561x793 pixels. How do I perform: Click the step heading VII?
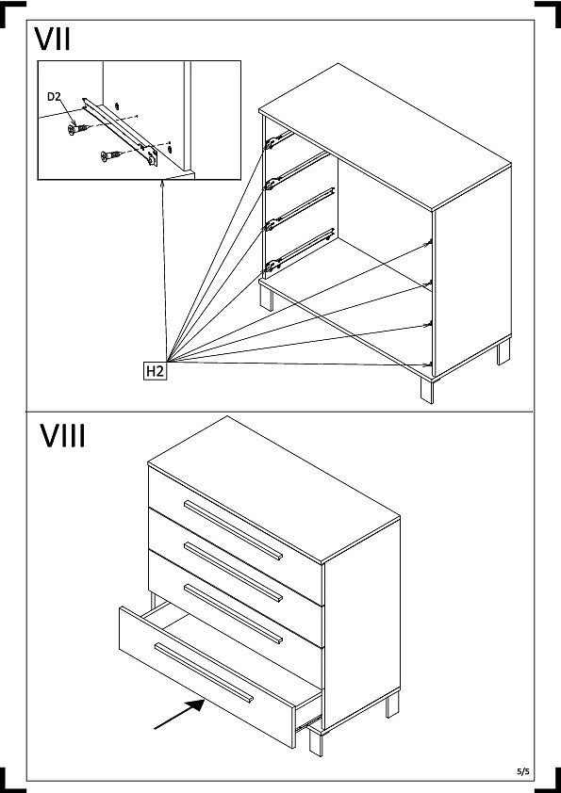(x=52, y=39)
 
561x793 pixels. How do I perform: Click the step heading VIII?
(x=63, y=436)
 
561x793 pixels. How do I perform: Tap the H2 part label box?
(x=155, y=371)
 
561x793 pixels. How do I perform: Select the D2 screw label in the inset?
(x=54, y=97)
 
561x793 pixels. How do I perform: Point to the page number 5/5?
(x=523, y=771)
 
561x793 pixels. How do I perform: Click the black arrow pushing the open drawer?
(x=179, y=714)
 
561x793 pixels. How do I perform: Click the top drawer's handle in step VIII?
(x=233, y=530)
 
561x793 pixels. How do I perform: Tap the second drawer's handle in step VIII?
(x=233, y=572)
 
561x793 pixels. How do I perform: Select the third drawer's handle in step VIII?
(x=233, y=614)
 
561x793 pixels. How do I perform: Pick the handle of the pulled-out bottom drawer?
(x=204, y=672)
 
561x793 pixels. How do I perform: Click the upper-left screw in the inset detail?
(x=78, y=129)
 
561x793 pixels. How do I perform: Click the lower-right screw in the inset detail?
(x=111, y=155)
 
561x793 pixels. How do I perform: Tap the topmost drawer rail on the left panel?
(x=278, y=140)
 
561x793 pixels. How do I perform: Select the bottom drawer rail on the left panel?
(x=300, y=251)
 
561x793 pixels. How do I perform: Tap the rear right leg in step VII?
(x=503, y=352)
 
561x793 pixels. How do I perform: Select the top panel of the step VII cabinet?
(x=385, y=137)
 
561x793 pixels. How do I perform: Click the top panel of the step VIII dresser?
(x=274, y=490)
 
